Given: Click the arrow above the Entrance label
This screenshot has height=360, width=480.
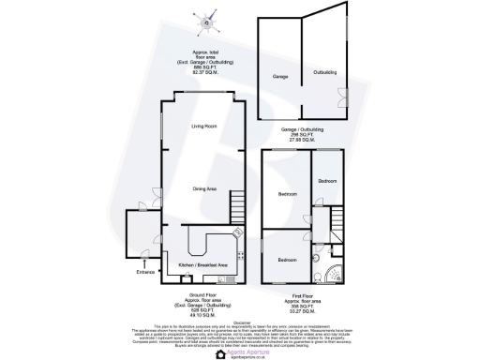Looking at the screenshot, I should point(145,263).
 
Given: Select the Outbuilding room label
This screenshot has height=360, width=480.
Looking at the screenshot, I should point(324,72).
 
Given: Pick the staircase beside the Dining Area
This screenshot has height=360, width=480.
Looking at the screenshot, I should point(237,201).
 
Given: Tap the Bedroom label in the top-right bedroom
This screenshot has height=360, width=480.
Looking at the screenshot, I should point(328,181).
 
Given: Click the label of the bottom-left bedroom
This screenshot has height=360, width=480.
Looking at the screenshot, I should point(286,259).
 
